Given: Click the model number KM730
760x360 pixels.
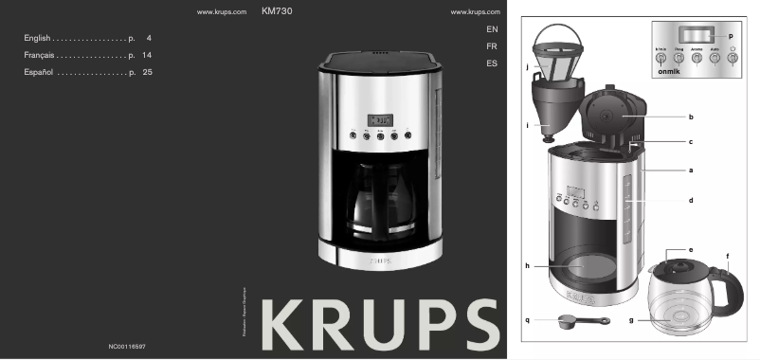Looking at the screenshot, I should point(275,11).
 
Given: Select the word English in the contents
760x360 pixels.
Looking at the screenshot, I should point(37,37).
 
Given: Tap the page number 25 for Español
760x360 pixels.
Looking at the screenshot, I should point(147,71).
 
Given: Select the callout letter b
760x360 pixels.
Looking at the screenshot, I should point(691,117).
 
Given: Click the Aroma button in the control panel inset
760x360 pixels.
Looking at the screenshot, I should point(697,57).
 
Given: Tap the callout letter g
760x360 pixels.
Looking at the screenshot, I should point(631,320).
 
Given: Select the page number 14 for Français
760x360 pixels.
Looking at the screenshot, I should point(147,54).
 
